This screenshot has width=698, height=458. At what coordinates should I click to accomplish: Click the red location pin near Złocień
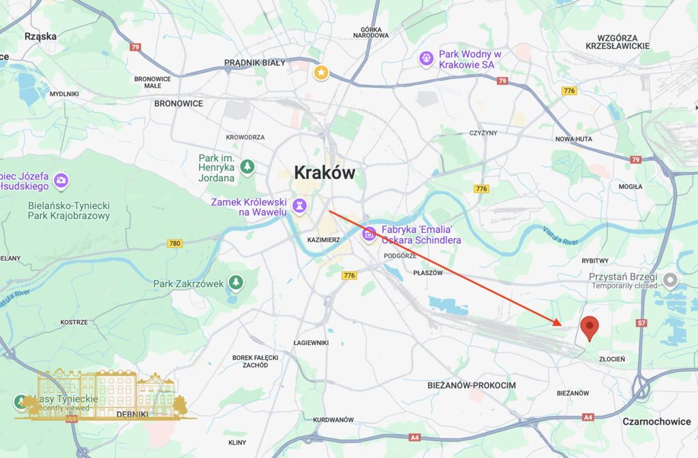coord(590,327)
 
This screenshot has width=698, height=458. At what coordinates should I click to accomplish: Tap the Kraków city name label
coord(324,173)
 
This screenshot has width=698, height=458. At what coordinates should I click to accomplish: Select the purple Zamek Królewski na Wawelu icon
coord(299,204)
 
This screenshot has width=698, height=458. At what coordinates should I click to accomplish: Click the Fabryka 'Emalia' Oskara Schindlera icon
coord(369,235)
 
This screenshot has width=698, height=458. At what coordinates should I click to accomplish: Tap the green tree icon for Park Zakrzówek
coord(235,281)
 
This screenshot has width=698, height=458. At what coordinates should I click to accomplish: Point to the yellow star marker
coord(320,71)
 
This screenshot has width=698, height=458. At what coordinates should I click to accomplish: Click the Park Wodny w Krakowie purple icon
coord(426,59)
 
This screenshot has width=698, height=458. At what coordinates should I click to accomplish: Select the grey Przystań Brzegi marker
coord(671,279)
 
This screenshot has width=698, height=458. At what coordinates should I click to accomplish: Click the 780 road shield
coord(175,243)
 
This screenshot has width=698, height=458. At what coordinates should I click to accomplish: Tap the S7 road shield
coord(641,325)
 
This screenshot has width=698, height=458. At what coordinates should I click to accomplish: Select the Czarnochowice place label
coord(656,422)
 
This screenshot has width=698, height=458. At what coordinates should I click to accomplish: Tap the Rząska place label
coord(40,37)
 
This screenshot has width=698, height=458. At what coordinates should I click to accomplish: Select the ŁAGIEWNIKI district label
coord(311,342)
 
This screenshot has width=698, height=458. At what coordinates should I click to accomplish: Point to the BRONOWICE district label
coord(179,103)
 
